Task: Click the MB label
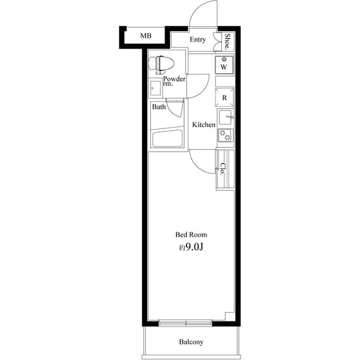click(x=146, y=36)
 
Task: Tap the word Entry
click(x=198, y=40)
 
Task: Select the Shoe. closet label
click(x=228, y=41)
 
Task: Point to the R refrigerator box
click(x=224, y=97)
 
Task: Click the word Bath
click(x=158, y=107)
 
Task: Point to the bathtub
click(x=167, y=139)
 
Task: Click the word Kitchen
click(x=203, y=125)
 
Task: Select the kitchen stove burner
click(x=224, y=135)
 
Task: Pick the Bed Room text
click(x=191, y=235)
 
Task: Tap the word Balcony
click(x=191, y=343)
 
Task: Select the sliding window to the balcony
click(x=186, y=323)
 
